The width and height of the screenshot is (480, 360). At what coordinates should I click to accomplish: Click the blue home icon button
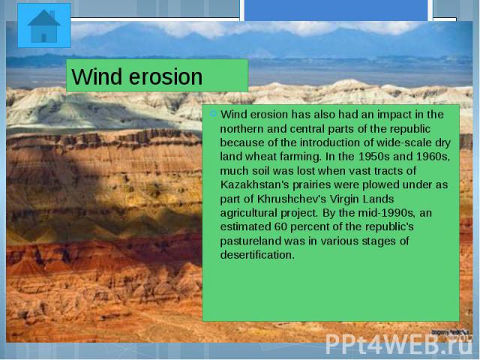tap(44, 25)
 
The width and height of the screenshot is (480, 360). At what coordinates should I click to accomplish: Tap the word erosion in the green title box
tap(166, 76)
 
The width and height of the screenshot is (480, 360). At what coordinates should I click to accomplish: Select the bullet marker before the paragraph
tap(213, 114)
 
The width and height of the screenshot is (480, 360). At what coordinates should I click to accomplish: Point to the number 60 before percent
tap(280, 226)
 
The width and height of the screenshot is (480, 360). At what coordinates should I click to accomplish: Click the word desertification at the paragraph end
tap(257, 255)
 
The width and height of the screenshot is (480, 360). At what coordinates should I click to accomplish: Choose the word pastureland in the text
tap(250, 241)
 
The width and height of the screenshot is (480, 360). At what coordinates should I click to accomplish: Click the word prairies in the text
tap(312, 185)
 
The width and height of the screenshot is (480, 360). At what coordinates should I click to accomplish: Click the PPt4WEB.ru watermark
tap(398, 345)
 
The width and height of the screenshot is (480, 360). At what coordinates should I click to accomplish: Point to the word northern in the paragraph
tap(242, 128)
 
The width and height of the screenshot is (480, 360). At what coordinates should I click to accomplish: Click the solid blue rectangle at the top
tap(336, 10)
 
